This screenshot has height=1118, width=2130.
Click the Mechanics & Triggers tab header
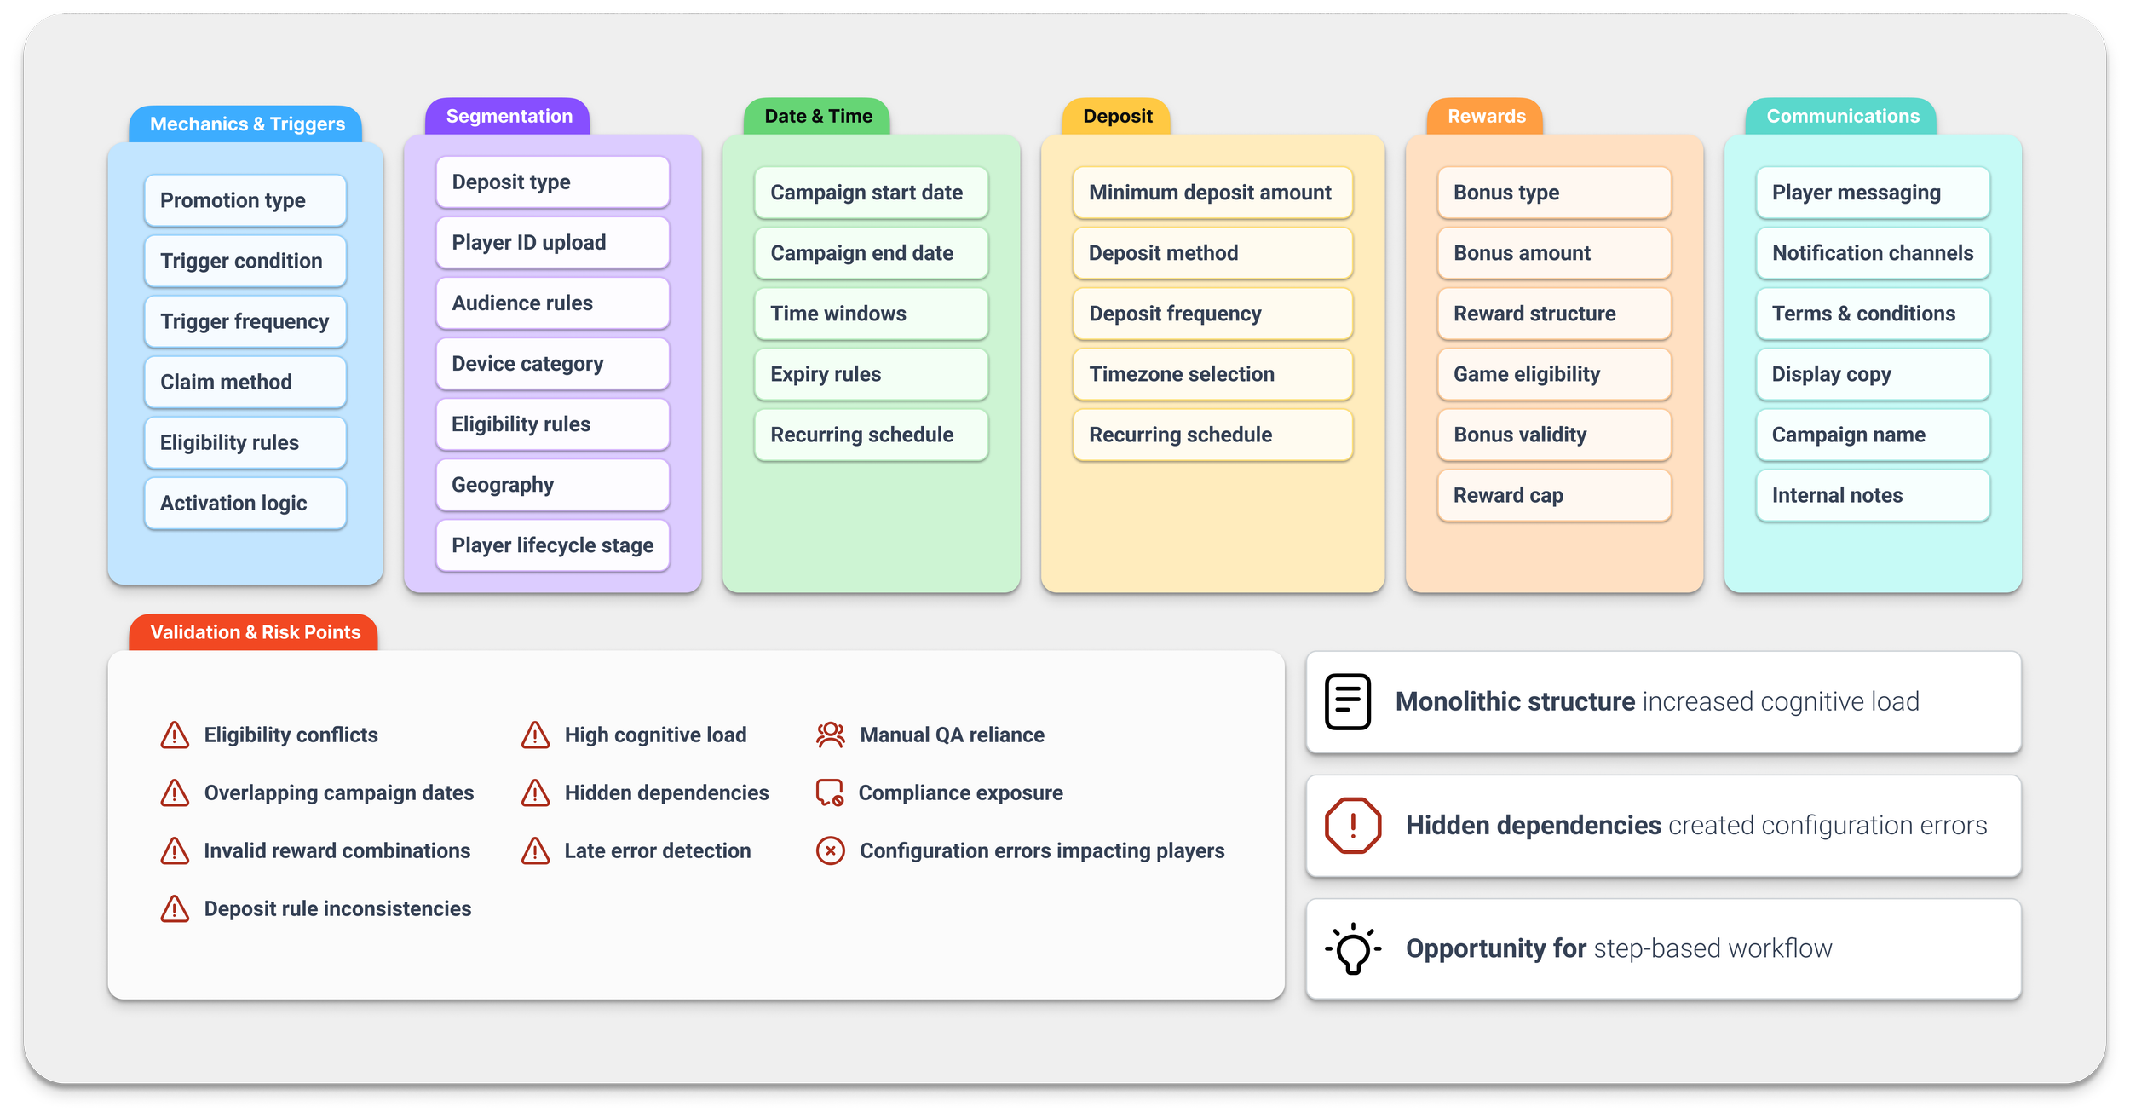tap(247, 124)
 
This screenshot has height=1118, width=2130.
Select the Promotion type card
tap(245, 200)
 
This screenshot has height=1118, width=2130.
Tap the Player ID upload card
tap(552, 243)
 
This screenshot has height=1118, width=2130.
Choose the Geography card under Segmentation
tap(552, 485)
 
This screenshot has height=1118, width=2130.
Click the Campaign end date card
tap(871, 253)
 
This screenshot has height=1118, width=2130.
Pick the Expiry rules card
tap(871, 374)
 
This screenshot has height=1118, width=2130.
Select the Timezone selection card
tap(1212, 374)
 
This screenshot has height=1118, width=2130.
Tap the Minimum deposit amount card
tap(1212, 193)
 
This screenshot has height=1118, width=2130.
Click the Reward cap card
tap(1554, 495)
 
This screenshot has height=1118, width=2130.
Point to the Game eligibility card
tap(1554, 374)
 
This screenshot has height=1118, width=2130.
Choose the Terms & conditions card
tap(1873, 314)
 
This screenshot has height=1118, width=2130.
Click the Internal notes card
tap(1873, 495)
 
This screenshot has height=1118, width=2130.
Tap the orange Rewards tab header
tap(1486, 117)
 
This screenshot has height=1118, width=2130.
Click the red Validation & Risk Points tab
tap(254, 632)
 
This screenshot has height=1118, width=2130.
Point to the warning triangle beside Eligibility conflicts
tap(175, 735)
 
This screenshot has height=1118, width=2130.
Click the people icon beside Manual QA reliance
tap(830, 735)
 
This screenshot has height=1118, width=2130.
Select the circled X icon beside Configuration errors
tap(830, 850)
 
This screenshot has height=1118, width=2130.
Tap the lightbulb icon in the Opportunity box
tap(1353, 948)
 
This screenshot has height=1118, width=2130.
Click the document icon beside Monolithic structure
tap(1348, 701)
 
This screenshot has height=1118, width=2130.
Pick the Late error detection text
tap(657, 850)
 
